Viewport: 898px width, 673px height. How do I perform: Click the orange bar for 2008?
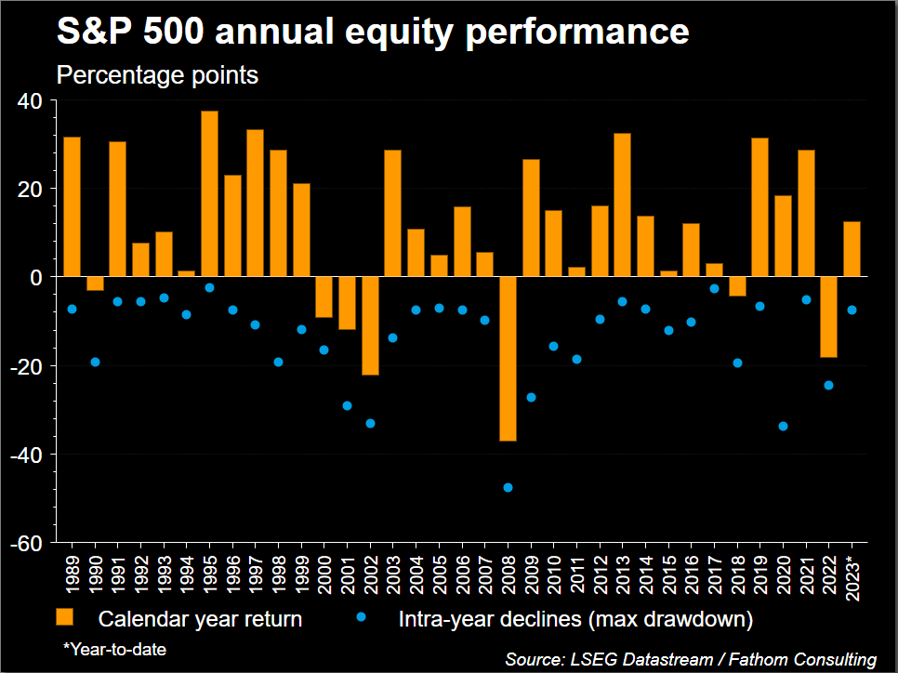[x=508, y=359]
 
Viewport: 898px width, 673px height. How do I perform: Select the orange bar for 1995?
[x=209, y=193]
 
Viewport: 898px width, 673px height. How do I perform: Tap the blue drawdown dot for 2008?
[x=508, y=487]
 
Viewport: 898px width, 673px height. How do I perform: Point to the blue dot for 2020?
[x=783, y=426]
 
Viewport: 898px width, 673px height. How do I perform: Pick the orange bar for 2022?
[x=829, y=317]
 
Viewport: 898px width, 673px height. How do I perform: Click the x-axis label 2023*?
[x=852, y=577]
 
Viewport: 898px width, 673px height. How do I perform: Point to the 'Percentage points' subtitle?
[x=157, y=75]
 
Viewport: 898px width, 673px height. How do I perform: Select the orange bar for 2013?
[x=623, y=205]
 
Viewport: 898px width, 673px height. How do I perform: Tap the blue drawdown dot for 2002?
[x=370, y=423]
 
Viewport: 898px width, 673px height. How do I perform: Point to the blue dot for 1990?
[x=95, y=362]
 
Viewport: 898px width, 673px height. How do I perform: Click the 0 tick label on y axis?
[x=34, y=277]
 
